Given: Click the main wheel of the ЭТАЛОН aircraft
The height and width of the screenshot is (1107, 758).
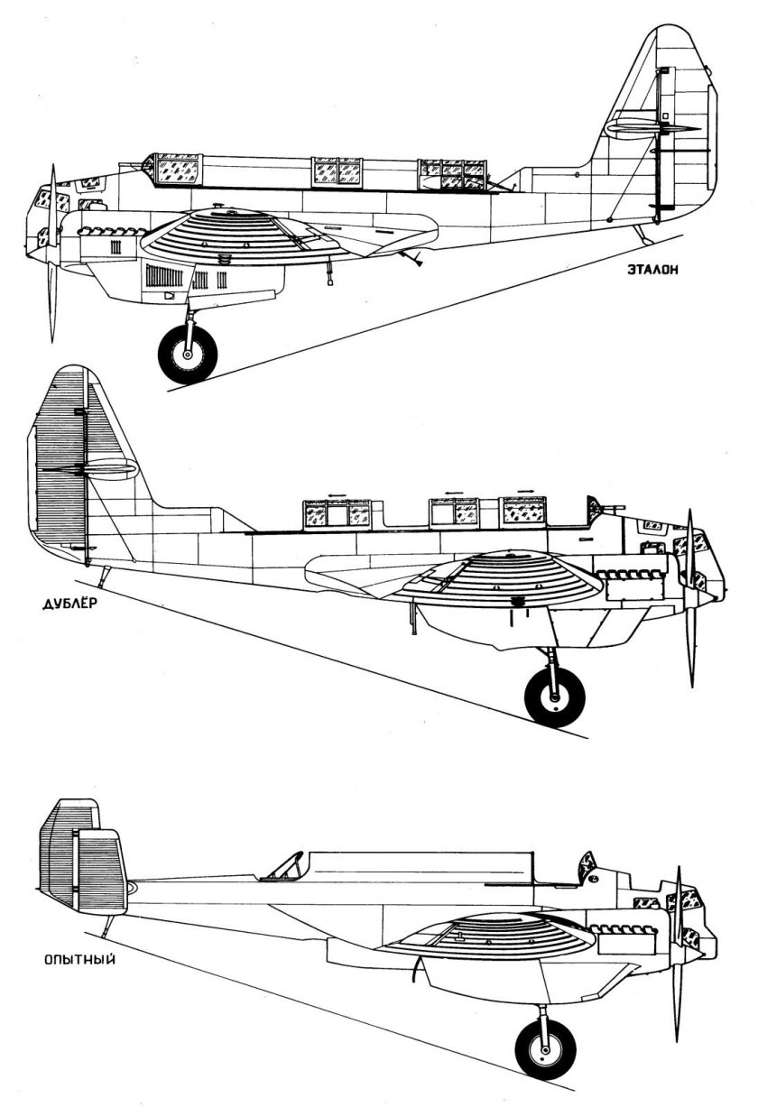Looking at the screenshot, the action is pyautogui.click(x=188, y=354).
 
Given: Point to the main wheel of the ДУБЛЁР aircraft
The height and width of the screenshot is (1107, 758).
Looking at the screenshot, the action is pyautogui.click(x=555, y=696).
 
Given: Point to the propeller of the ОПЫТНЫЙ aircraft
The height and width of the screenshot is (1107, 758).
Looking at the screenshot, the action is pyautogui.click(x=679, y=947).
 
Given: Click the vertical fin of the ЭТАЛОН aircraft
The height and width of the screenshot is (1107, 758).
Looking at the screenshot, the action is pyautogui.click(x=650, y=99).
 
